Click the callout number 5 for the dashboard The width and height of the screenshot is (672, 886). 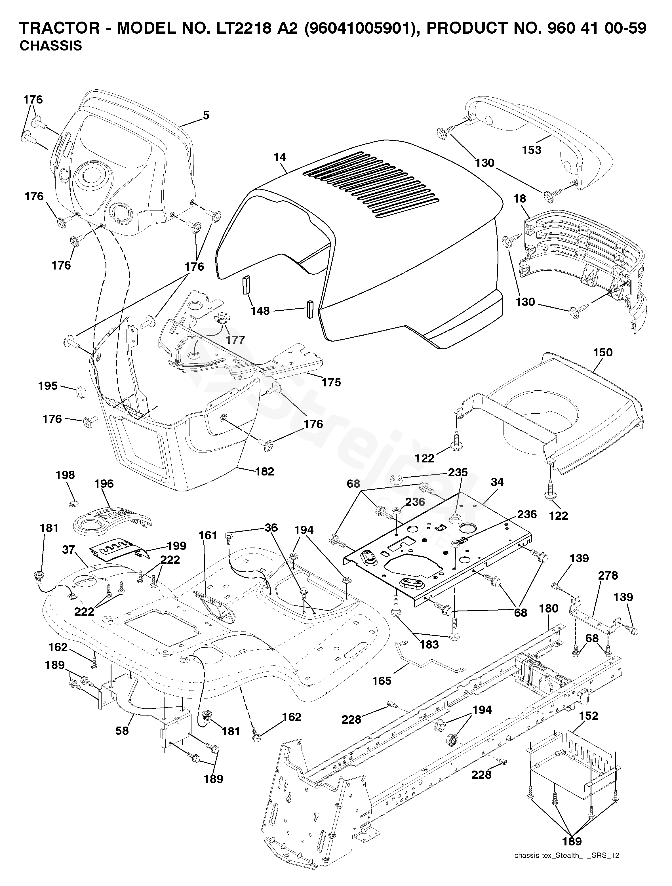pos(206,116)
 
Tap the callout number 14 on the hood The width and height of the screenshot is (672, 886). pos(280,157)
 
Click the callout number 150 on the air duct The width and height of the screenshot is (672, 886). pos(603,352)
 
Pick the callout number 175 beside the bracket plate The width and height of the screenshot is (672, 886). pos(331,382)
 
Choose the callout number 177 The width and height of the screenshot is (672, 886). pos(235,340)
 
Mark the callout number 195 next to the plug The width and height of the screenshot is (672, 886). pos(48,386)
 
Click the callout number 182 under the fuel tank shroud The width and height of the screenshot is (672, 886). pos(264,472)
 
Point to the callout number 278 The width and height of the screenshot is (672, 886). pos(608,576)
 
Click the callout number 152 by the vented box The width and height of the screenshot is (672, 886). pos(588,716)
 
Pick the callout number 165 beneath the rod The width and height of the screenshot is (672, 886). pos(382,681)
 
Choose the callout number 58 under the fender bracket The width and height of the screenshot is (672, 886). pos(122,730)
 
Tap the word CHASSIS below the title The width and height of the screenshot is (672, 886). pos(51,46)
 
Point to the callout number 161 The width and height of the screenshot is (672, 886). pos(208,536)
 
